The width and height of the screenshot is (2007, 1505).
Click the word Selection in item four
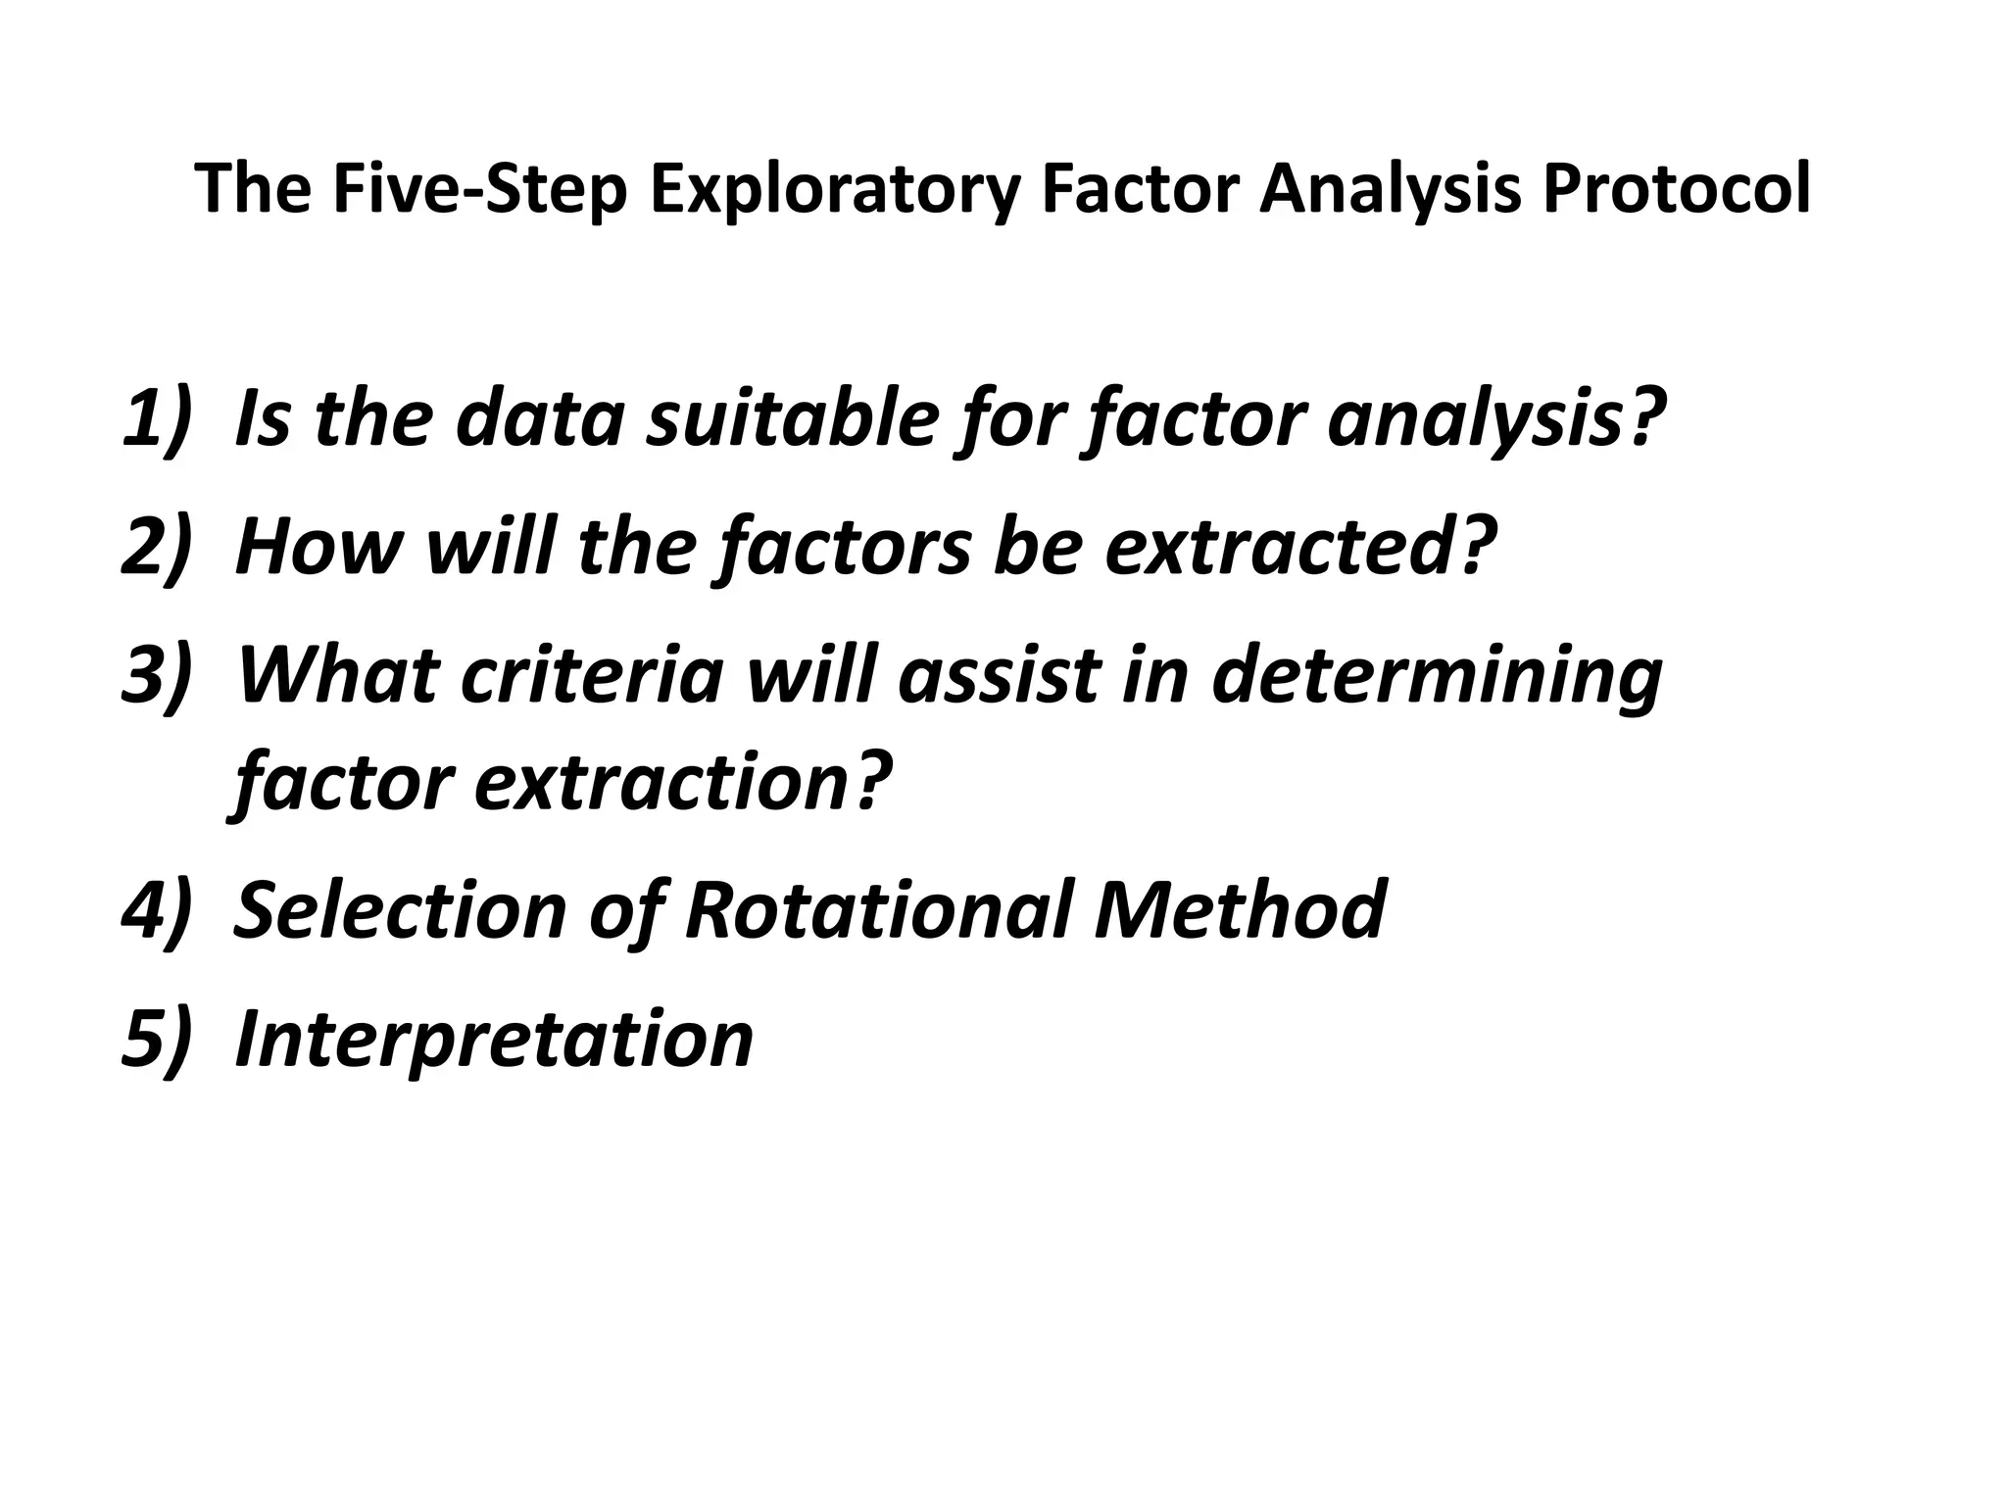401,909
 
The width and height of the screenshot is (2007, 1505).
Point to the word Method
1240,909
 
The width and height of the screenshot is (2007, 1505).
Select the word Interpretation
494,1040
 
